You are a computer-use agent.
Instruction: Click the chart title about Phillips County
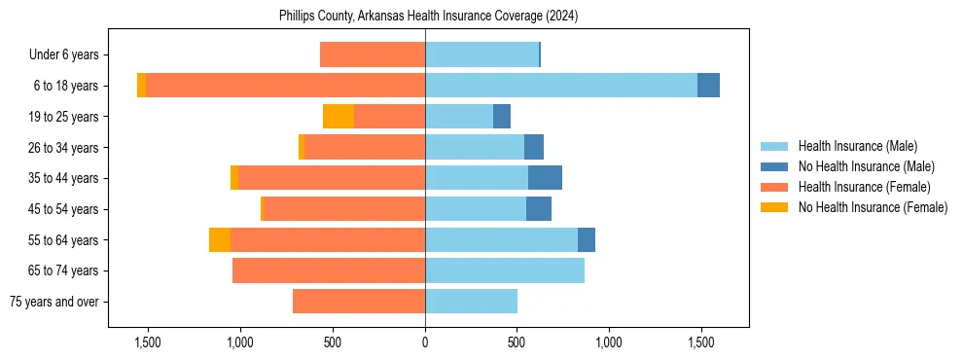pos(428,17)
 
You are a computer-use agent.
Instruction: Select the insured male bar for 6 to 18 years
pos(561,86)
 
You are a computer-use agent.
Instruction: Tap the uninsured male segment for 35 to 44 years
pos(545,178)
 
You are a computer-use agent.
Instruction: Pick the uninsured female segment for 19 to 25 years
pos(339,117)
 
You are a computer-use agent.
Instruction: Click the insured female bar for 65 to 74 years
pos(329,270)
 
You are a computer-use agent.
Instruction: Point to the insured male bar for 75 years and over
pos(471,302)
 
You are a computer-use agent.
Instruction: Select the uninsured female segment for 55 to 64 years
pos(220,240)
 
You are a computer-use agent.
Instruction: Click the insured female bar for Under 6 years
pos(373,54)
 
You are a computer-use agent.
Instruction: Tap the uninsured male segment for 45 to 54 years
pos(539,209)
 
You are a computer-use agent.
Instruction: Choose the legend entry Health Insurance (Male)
pos(857,146)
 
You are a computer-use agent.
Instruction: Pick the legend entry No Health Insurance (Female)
pos(872,207)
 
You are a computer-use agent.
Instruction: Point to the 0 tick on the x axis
pos(425,342)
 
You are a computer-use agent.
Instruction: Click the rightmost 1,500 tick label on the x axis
pos(701,342)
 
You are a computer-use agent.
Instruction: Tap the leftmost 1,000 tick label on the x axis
pos(240,342)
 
